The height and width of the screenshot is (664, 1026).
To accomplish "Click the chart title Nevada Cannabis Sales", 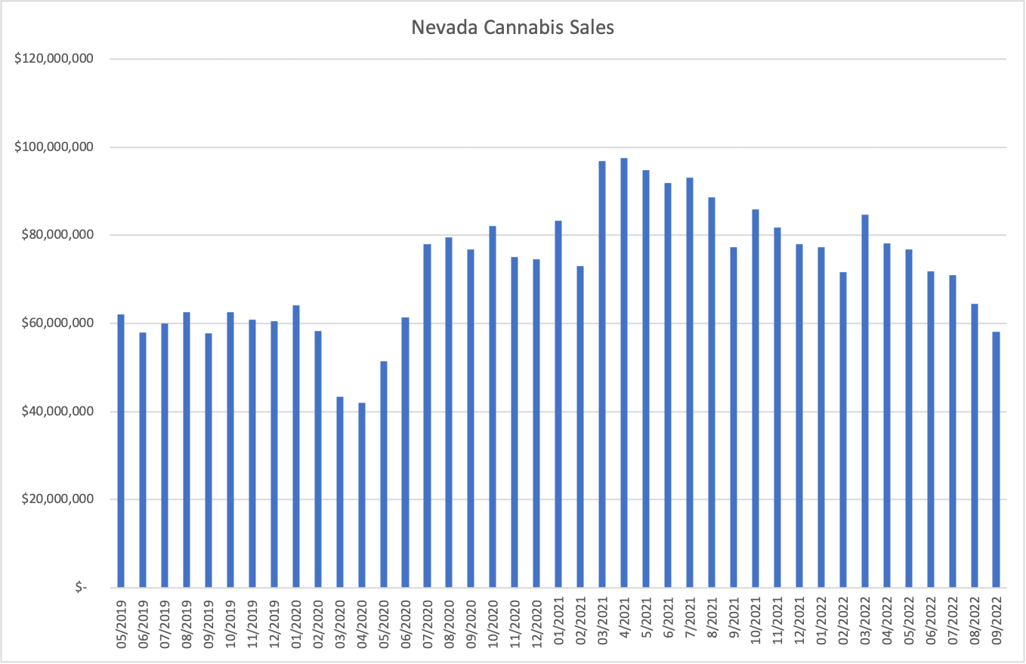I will point(513,28).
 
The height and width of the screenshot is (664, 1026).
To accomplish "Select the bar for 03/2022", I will point(864,401).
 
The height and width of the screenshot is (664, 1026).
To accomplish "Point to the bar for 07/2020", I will point(427,415).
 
